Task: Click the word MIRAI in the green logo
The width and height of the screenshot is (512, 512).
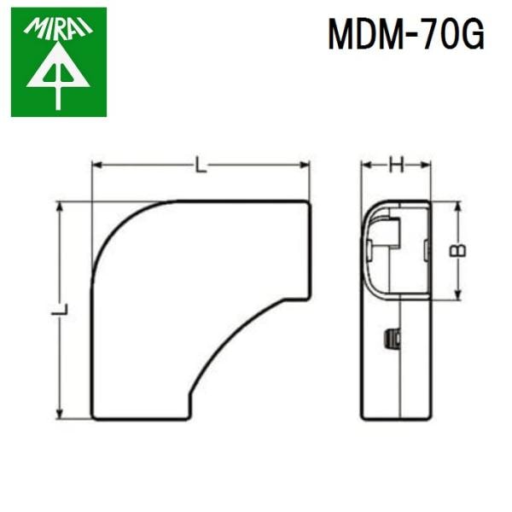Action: click(58, 31)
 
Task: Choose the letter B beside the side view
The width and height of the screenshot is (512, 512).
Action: click(458, 252)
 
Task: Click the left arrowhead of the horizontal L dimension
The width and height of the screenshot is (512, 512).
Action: click(96, 166)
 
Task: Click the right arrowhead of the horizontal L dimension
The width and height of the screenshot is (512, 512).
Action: click(305, 166)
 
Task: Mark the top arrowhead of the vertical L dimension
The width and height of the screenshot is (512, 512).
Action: click(60, 207)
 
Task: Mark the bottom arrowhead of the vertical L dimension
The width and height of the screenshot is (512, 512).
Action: click(60, 415)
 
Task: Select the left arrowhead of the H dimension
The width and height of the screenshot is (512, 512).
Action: click(364, 166)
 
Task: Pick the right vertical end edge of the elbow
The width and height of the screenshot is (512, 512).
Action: click(309, 249)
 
